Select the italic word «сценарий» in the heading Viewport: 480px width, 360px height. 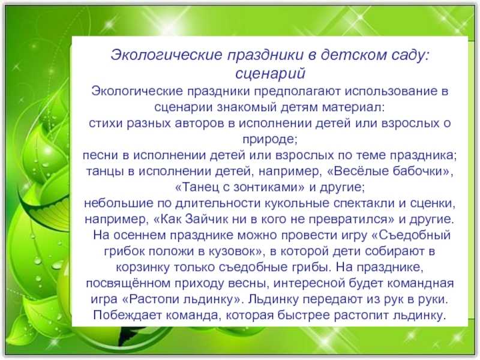point(271,73)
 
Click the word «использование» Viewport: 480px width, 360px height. point(390,91)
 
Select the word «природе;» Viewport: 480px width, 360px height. point(269,140)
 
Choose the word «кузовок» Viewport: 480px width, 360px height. point(234,251)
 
